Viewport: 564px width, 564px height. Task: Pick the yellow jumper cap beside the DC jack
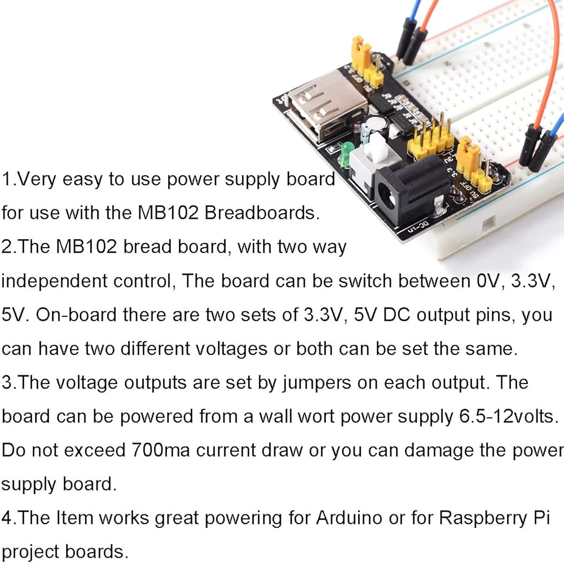[468, 156]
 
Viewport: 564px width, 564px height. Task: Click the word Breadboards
[262, 213]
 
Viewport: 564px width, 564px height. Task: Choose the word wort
[316, 417]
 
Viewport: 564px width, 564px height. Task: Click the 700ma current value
[160, 450]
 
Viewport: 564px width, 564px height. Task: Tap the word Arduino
[349, 518]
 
